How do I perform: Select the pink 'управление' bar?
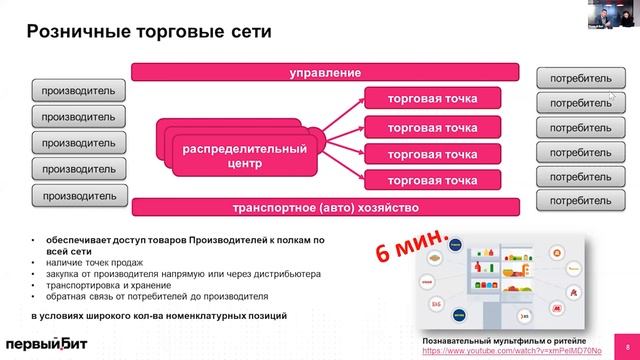click(325, 73)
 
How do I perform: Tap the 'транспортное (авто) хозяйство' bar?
click(325, 208)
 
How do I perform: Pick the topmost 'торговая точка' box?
click(433, 99)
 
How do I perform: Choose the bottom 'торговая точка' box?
click(433, 181)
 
